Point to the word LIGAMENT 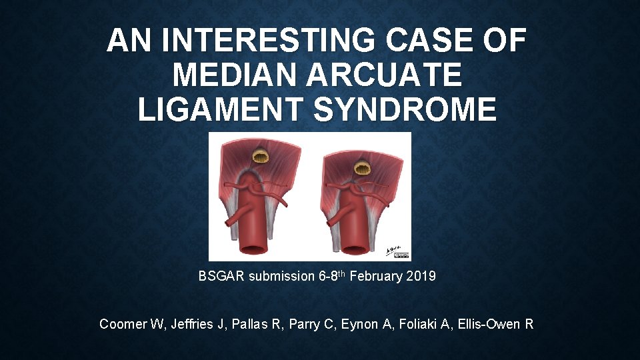(219, 109)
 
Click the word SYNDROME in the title (405, 109)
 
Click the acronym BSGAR (221, 276)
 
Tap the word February (374, 276)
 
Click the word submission (279, 276)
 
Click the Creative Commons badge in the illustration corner (401, 255)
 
